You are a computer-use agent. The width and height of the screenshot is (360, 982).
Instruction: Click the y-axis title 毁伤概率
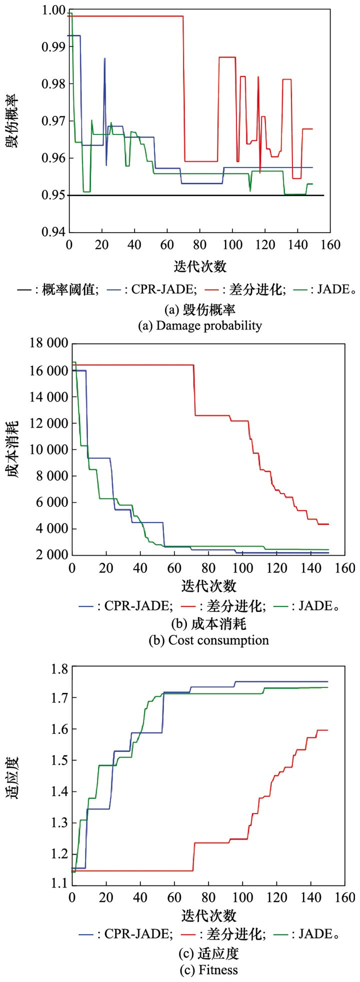pos(13,121)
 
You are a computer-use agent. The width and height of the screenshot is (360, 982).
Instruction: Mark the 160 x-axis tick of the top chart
pos(329,245)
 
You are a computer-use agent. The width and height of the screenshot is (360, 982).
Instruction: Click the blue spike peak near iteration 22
pos(104,58)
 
